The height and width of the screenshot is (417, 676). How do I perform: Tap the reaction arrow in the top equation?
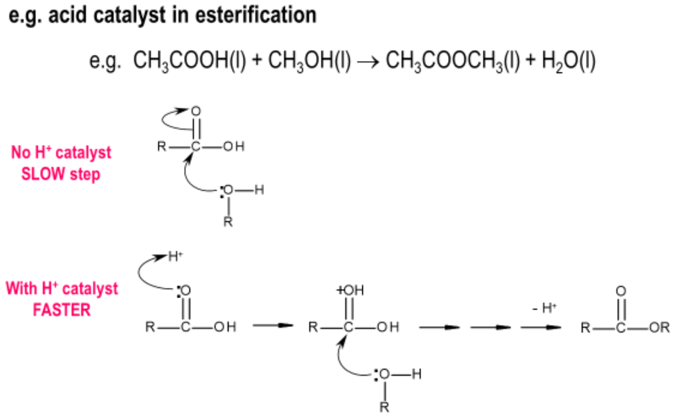pos(368,63)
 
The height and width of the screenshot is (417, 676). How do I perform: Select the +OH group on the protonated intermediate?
pos(349,291)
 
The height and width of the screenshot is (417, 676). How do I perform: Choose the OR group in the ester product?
pos(660,328)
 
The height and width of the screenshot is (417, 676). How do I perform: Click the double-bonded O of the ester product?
pos(620,291)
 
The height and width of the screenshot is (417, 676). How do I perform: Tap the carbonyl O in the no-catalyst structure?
pos(195,111)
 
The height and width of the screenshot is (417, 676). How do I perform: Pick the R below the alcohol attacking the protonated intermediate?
pos(384,407)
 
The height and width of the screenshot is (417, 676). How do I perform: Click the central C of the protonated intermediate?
pos(349,327)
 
